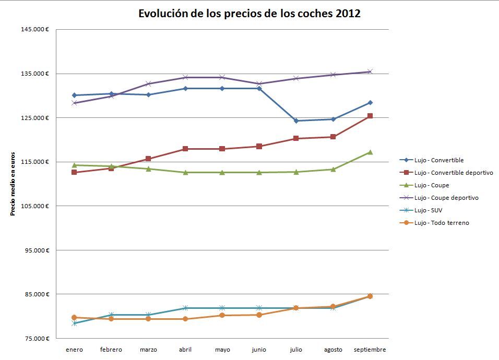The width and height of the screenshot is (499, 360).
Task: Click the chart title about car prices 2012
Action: click(x=249, y=14)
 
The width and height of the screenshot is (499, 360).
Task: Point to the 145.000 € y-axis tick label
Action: click(x=35, y=29)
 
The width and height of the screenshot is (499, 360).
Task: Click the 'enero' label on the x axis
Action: click(x=74, y=350)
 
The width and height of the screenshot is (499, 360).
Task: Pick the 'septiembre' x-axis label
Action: click(x=370, y=350)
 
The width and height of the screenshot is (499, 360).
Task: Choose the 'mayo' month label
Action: click(x=222, y=350)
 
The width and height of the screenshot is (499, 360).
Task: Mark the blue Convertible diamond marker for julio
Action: click(x=296, y=121)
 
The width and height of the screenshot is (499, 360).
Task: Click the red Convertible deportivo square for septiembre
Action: click(x=370, y=116)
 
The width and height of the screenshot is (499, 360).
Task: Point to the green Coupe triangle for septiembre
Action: click(x=370, y=152)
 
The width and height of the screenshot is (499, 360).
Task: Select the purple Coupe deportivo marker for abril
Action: click(x=185, y=77)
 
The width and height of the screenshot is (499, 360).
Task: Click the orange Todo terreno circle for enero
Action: click(x=74, y=317)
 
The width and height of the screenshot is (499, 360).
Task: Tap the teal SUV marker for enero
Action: click(x=74, y=323)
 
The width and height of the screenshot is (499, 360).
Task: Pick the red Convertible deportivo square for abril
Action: click(x=185, y=149)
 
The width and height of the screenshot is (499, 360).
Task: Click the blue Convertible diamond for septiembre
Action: click(x=370, y=103)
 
